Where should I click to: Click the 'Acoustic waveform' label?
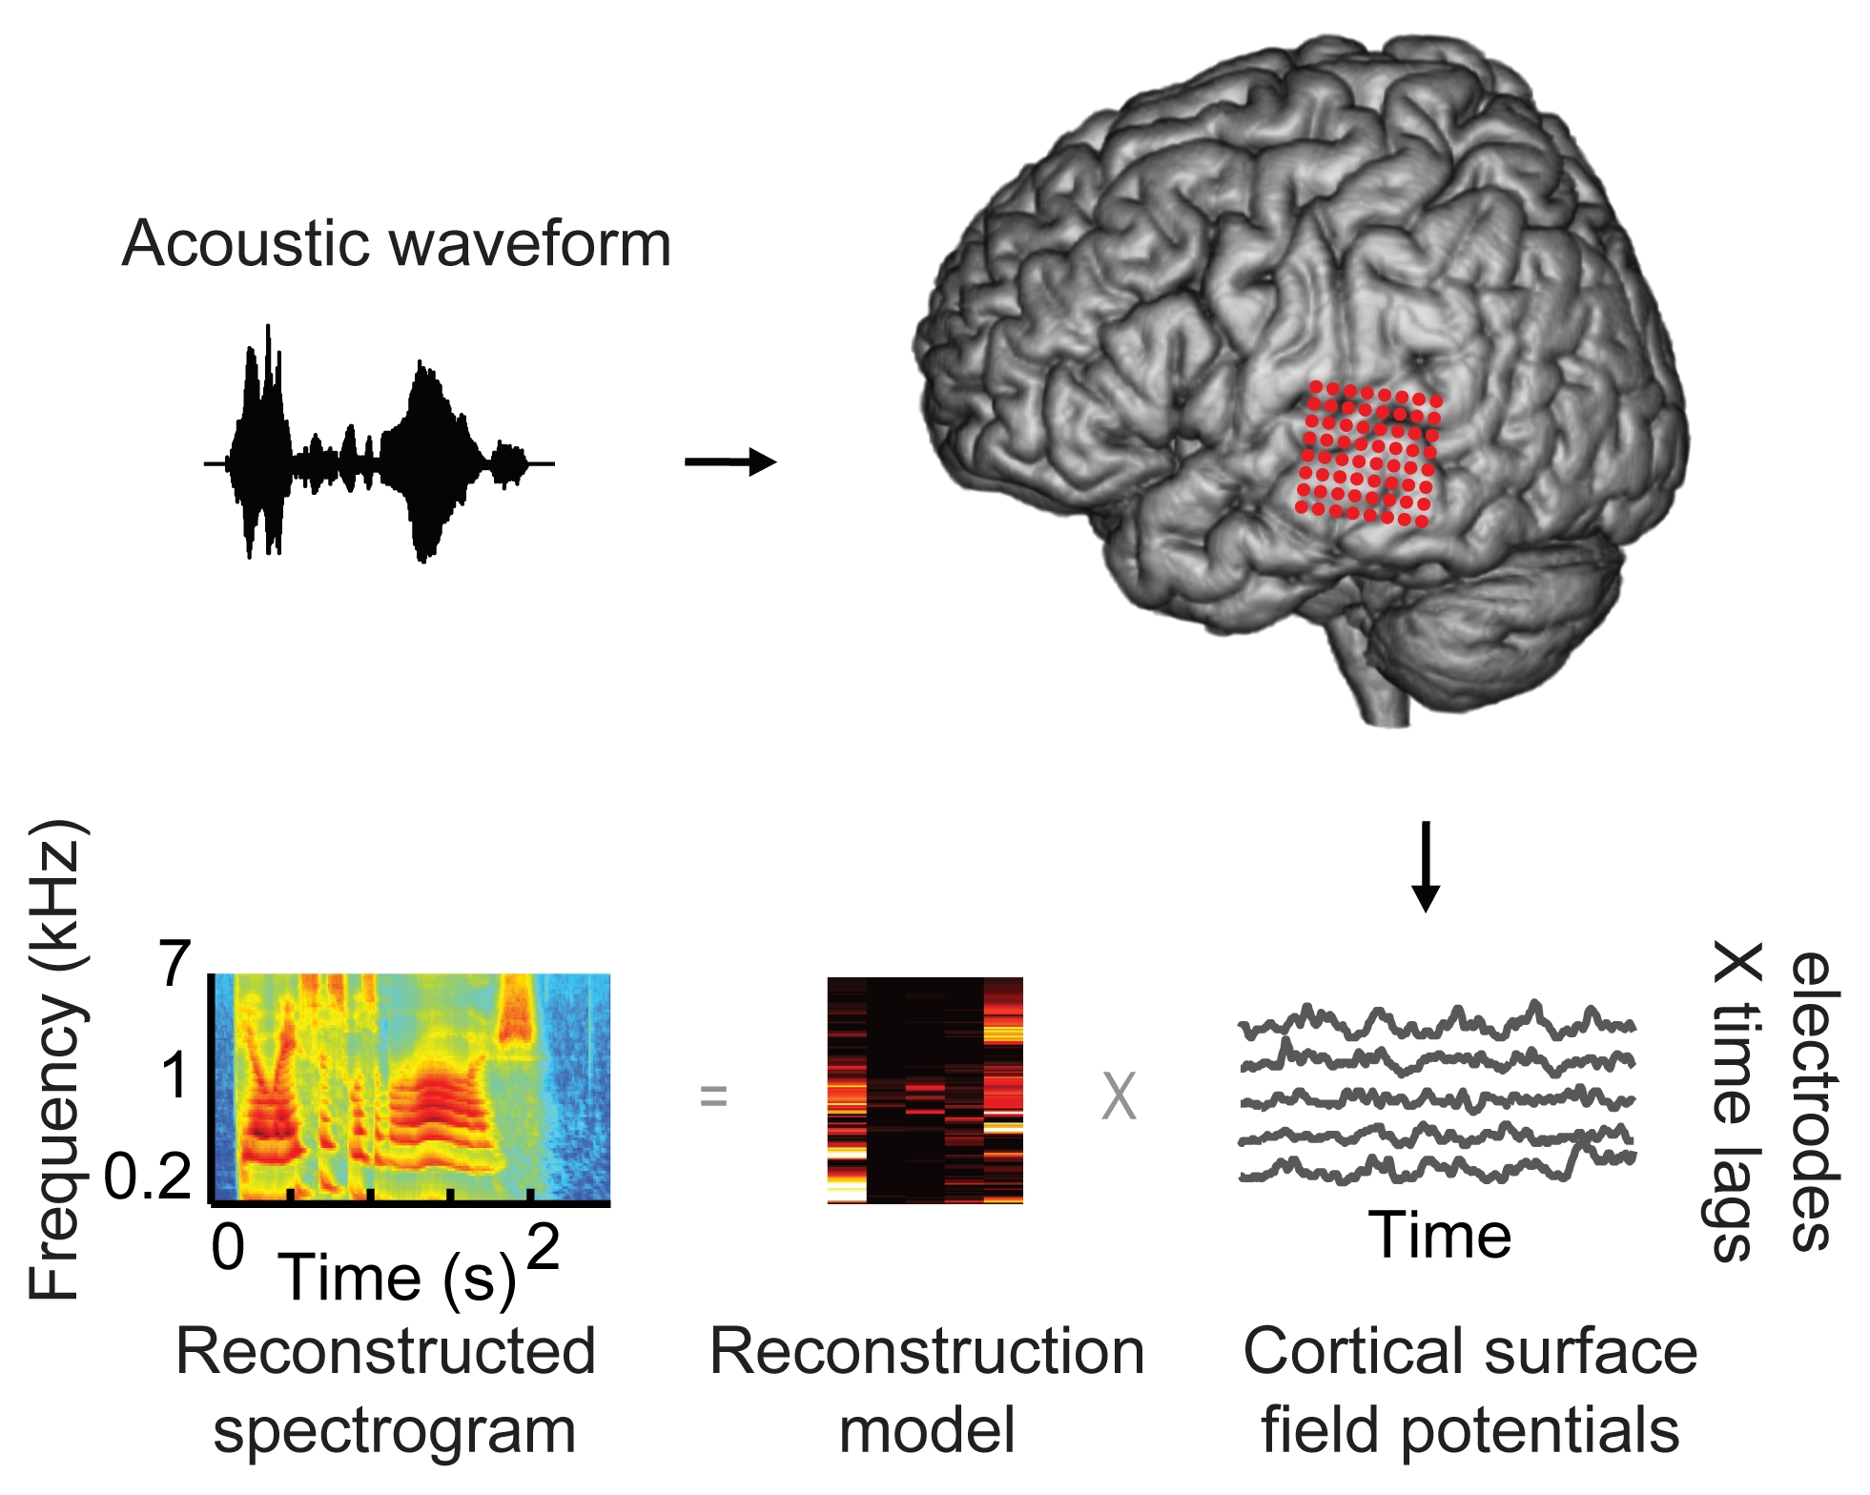coord(397,244)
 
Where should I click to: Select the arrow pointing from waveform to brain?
coord(730,462)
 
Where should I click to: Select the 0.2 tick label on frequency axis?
coord(148,1177)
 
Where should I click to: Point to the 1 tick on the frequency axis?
coord(175,1075)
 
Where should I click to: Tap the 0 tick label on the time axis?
coord(228,1246)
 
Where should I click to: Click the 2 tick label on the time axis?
coord(543,1246)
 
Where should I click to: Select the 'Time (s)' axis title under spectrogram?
coord(396,1278)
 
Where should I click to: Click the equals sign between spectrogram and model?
coord(713,1096)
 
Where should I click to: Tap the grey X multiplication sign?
coord(1119,1096)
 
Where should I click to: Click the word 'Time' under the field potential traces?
coord(1440,1236)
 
